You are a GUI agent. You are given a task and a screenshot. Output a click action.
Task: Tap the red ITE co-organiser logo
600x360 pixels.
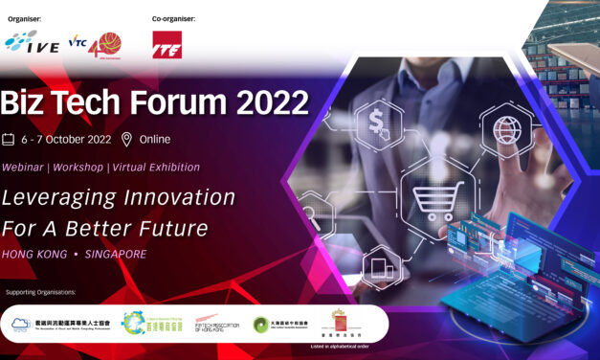coord(167,44)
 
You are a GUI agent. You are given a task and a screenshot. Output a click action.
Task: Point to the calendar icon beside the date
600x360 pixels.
coord(9,140)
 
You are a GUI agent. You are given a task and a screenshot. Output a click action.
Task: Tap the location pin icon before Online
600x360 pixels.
coord(126,140)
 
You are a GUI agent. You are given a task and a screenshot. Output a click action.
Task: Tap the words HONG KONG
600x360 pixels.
coord(34,255)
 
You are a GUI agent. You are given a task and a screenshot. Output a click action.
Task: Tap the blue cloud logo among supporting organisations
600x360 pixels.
coord(22,325)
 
